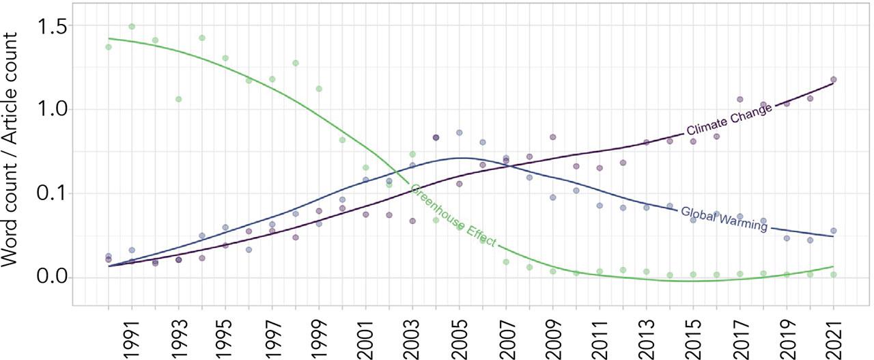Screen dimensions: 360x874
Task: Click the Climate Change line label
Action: pos(729,120)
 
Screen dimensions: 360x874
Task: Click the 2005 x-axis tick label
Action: pos(460,334)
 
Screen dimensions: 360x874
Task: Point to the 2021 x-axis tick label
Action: pos(834,334)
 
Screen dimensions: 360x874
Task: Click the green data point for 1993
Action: pos(178,99)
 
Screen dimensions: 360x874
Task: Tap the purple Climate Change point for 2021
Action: pos(833,80)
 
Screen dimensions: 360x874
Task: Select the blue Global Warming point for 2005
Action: pos(460,133)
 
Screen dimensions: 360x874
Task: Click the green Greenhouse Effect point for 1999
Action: pos(319,89)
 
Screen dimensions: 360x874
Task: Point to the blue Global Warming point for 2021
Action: pos(833,231)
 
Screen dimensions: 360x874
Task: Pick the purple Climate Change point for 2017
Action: pos(739,99)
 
